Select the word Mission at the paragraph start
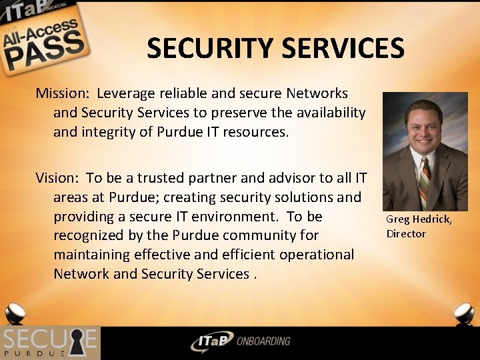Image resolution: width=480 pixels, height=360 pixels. tap(58, 93)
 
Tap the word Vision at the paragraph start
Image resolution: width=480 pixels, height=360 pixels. tap(56, 178)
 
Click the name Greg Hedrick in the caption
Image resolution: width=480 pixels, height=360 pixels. tap(418, 219)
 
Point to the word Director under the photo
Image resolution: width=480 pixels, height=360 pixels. tap(405, 233)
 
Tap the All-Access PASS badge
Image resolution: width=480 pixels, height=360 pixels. tap(43, 40)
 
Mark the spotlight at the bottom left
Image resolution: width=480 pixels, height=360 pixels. tap(15, 313)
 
